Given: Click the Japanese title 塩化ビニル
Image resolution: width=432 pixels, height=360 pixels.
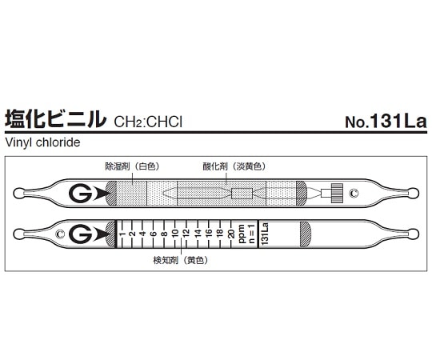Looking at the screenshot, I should point(54,120).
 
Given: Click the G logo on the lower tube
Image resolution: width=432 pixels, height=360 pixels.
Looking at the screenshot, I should point(80,234).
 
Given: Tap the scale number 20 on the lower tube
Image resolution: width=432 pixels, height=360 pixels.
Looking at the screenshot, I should point(231,234).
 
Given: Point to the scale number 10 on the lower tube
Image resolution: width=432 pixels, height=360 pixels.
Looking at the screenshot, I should point(175,234).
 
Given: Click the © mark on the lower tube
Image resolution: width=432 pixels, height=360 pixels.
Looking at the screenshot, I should point(60,234).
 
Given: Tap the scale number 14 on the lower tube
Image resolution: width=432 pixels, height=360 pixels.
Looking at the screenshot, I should point(197,234).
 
